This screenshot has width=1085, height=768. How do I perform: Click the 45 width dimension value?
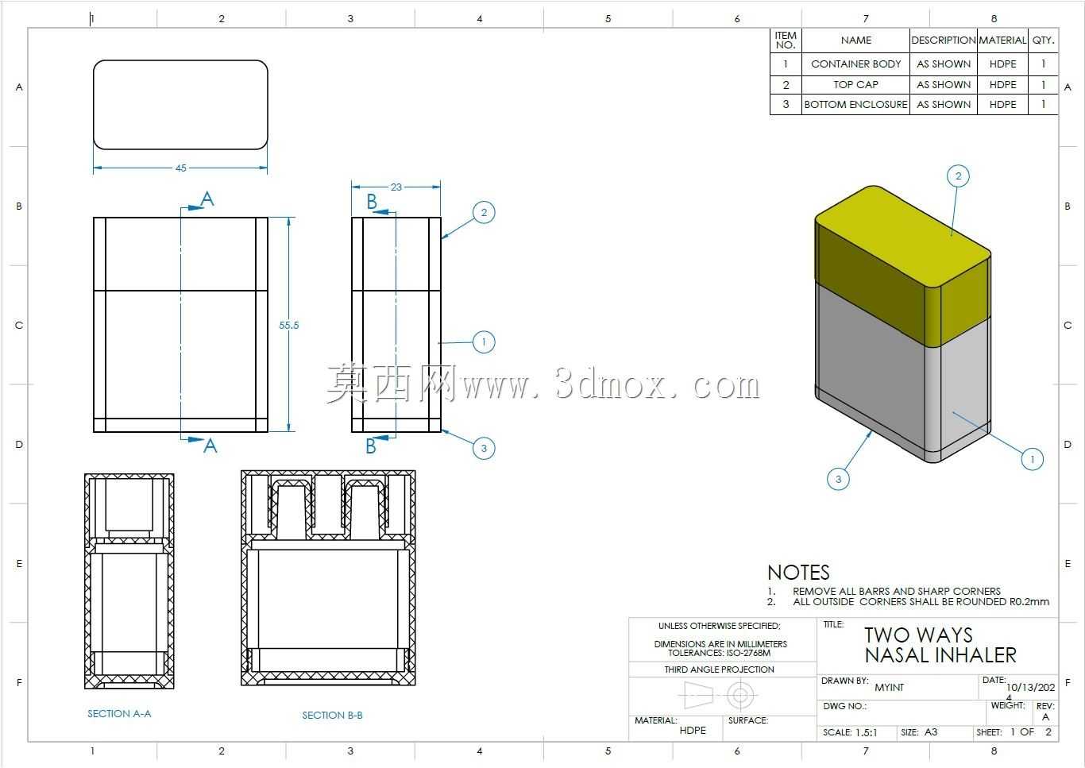coord(180,168)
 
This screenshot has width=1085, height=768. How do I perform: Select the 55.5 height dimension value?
coord(288,326)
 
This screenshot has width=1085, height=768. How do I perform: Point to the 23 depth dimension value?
coord(396,187)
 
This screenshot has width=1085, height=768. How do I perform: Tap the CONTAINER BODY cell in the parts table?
coord(856,64)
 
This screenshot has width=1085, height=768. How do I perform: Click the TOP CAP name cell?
coord(856,85)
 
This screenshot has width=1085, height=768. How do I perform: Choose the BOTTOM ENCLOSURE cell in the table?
coord(856,105)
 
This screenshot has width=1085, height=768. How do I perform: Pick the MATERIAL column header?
coord(1002,41)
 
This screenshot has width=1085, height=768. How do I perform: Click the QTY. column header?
coord(1044,41)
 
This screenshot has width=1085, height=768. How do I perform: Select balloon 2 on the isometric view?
coord(958,176)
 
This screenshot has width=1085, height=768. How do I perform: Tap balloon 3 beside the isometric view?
coord(839,480)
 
